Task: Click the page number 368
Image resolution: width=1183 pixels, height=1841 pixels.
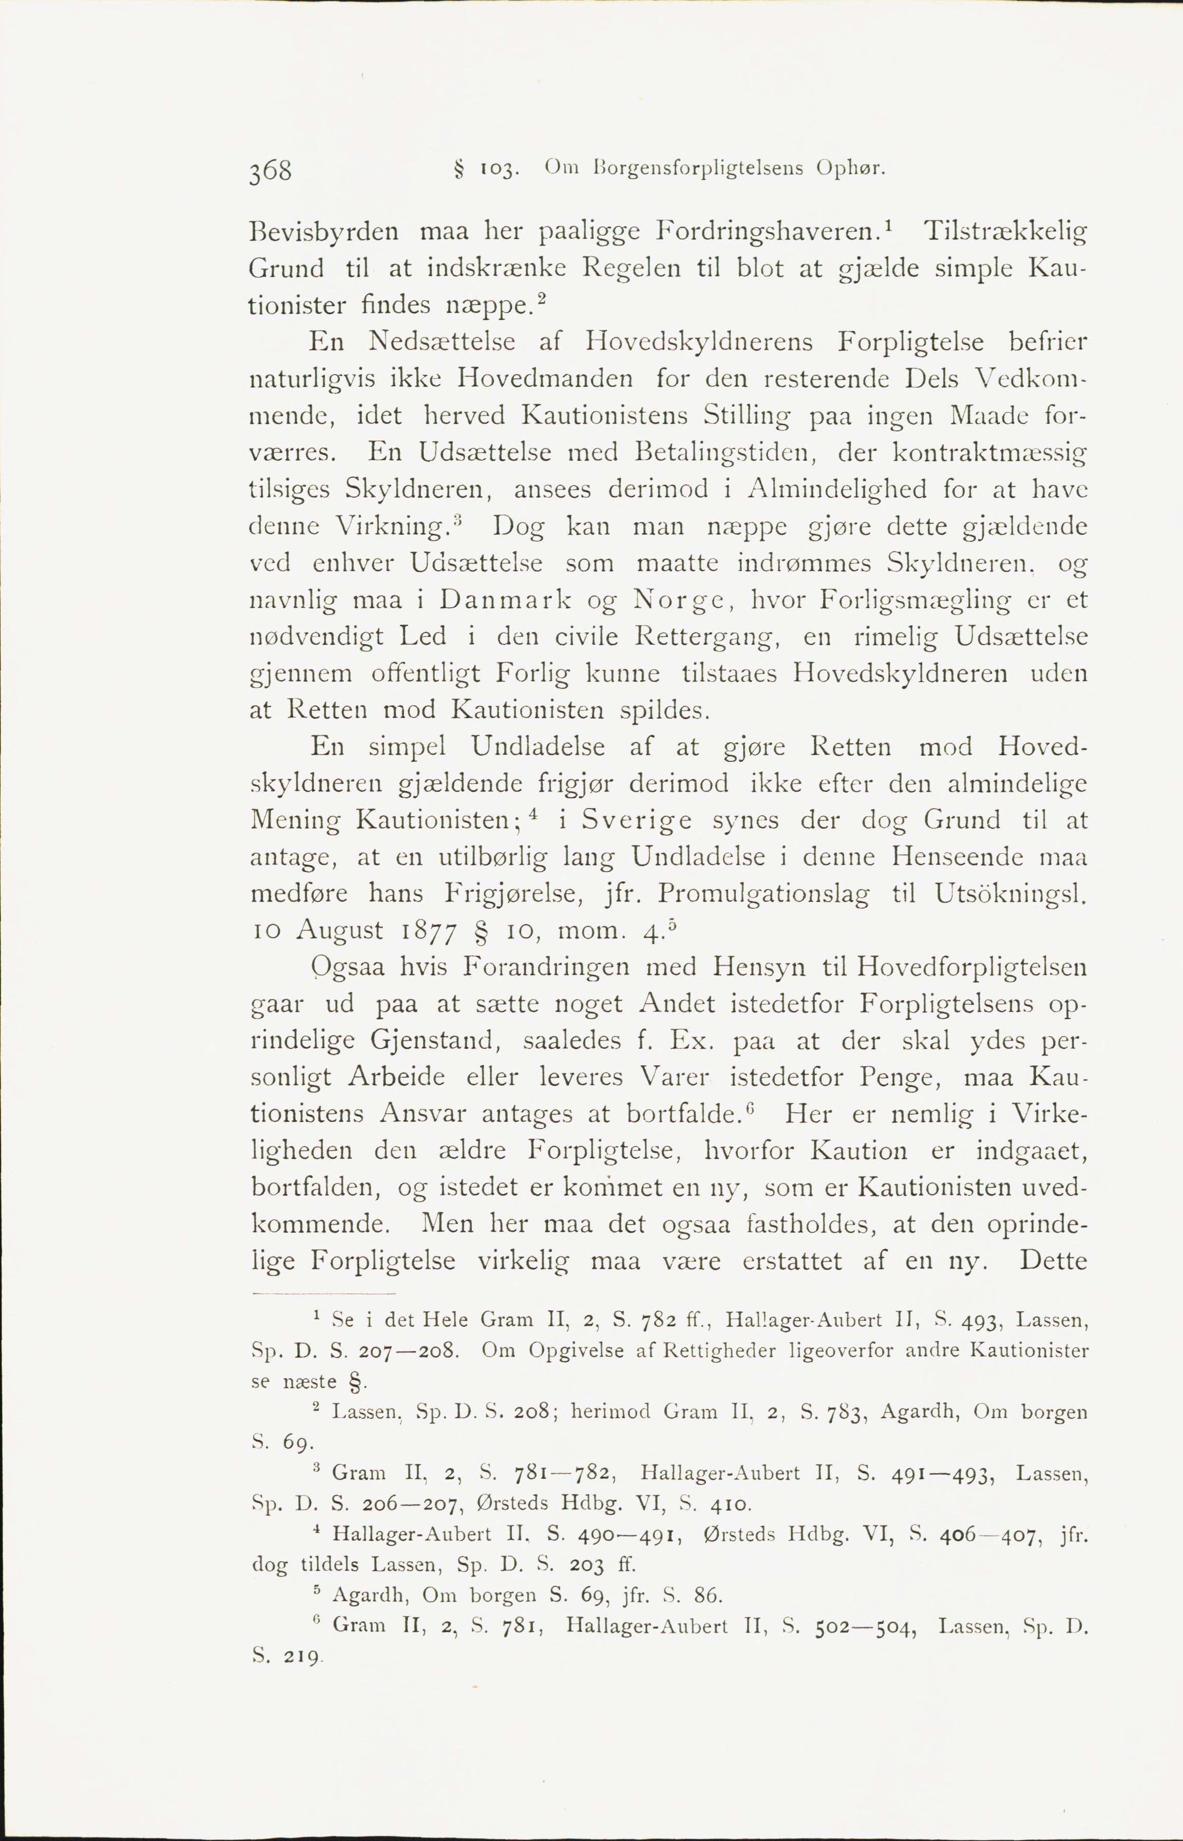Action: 271,170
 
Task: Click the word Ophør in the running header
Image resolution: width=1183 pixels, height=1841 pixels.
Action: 851,167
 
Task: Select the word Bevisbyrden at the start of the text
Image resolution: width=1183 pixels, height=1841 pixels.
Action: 323,231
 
